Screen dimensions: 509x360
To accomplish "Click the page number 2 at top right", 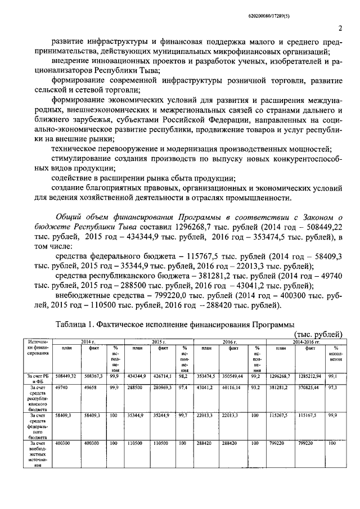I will tap(341, 28).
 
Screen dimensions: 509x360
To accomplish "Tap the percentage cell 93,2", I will tap(255, 388).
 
